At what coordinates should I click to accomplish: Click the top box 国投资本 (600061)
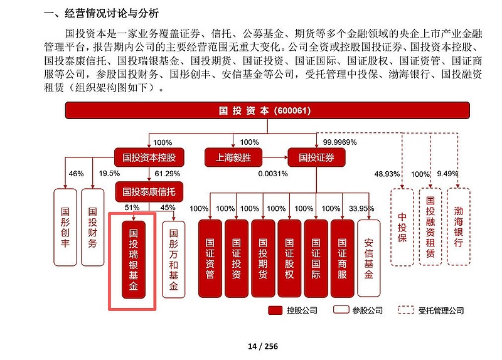(x=269, y=111)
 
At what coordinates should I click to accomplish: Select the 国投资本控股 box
(x=148, y=157)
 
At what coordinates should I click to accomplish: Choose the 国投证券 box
(x=316, y=157)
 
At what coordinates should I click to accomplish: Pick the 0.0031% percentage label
(x=272, y=174)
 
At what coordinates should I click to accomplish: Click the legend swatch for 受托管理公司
(x=407, y=310)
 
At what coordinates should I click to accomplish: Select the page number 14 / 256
(x=263, y=346)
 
